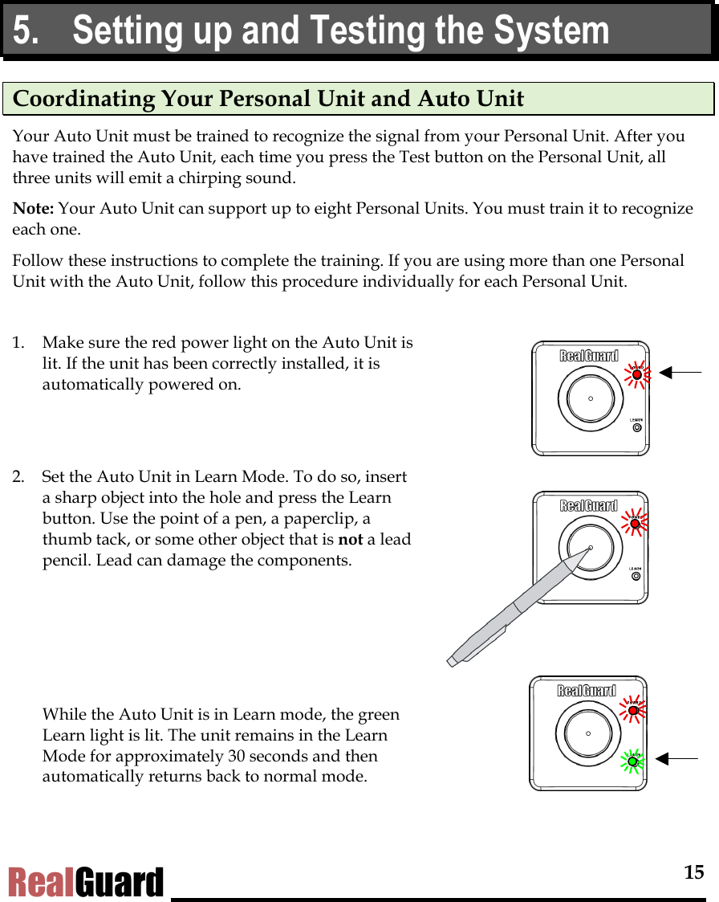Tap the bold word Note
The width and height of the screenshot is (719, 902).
pyautogui.click(x=33, y=209)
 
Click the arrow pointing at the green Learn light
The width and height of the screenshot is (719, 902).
pyautogui.click(x=676, y=758)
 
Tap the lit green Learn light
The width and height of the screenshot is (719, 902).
pyautogui.click(x=632, y=761)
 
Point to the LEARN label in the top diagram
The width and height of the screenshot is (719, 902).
pyautogui.click(x=636, y=419)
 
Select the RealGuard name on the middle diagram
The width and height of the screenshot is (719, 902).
pyautogui.click(x=588, y=505)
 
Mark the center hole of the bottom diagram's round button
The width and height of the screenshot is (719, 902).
pyautogui.click(x=588, y=733)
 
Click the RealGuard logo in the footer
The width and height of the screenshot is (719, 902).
pyautogui.click(x=86, y=882)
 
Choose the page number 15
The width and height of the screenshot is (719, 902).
pyautogui.click(x=693, y=872)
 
